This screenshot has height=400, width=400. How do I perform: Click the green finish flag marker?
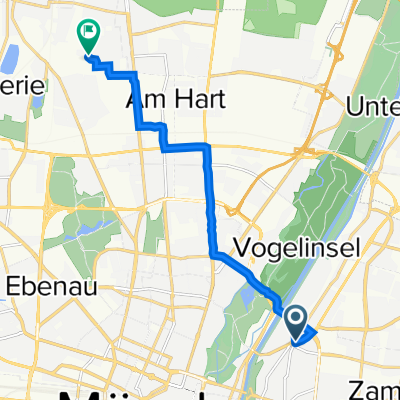[x=88, y=36]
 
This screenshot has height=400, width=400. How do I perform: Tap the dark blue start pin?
[x=297, y=321]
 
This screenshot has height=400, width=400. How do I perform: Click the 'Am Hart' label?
[x=165, y=100]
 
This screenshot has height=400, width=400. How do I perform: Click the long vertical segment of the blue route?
[x=209, y=200]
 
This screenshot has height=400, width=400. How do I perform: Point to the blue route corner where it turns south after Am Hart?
[x=207, y=148]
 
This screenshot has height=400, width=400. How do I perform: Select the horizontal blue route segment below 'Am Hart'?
[x=185, y=147]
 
